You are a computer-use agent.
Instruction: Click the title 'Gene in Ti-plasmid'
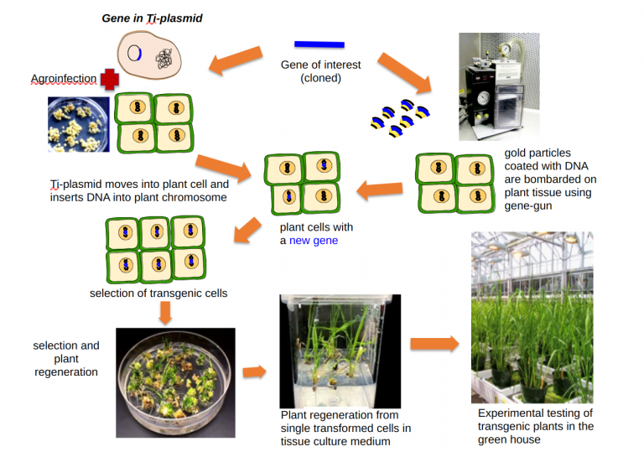pyautogui.click(x=151, y=17)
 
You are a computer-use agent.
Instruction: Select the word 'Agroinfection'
pyautogui.click(x=63, y=80)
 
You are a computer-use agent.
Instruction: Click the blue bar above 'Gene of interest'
pyautogui.click(x=319, y=44)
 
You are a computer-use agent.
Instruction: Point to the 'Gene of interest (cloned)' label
pyautogui.click(x=319, y=71)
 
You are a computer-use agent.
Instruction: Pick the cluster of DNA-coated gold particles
pyautogui.click(x=401, y=118)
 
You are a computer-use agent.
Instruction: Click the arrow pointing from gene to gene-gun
pyautogui.click(x=406, y=72)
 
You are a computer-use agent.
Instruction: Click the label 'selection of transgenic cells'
pyautogui.click(x=158, y=294)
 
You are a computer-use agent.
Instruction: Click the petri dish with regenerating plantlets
pyautogui.click(x=175, y=370)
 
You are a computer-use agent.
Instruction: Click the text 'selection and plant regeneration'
pyautogui.click(x=66, y=358)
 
